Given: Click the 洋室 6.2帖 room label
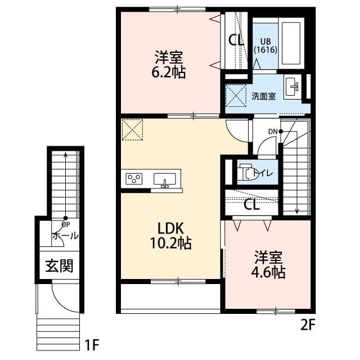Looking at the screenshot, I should (x=170, y=65).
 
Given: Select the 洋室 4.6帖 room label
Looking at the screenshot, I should (x=268, y=265).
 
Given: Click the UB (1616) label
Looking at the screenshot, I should (x=264, y=45).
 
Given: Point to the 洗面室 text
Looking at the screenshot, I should (x=263, y=96).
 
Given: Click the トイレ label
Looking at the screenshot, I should (x=263, y=173).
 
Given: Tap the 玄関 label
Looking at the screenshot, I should (x=59, y=265).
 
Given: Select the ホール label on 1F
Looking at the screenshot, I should (x=65, y=236).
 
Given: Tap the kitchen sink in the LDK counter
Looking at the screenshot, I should (x=165, y=179).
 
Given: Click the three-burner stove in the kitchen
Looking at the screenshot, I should (x=134, y=179).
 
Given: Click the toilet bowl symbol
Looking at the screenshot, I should (x=246, y=173).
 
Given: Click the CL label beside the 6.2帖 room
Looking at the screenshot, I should (x=236, y=40).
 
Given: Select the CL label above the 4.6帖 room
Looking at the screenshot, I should (x=251, y=205).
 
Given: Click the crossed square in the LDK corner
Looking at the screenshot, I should (x=133, y=130).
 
